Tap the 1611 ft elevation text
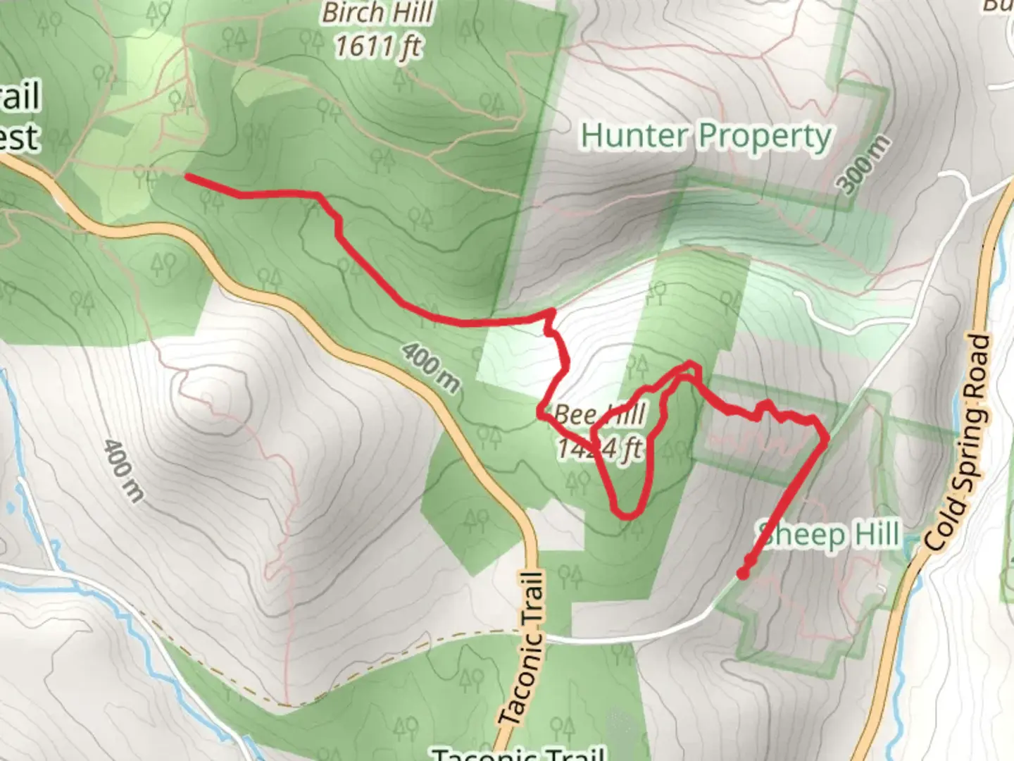click(x=377, y=47)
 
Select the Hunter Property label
click(x=706, y=136)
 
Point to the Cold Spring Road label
click(x=959, y=443)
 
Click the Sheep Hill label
click(x=829, y=534)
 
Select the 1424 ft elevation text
click(x=600, y=447)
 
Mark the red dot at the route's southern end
click(x=743, y=574)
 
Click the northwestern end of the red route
click(x=187, y=177)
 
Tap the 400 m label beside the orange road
click(x=431, y=367)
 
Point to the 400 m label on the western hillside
click(x=123, y=470)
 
